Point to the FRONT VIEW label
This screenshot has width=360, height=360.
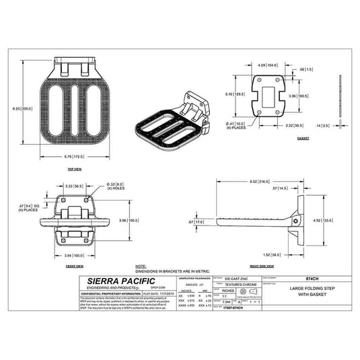[75, 266]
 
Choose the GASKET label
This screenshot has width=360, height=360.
[304, 138]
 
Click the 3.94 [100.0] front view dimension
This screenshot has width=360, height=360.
[75, 256]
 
